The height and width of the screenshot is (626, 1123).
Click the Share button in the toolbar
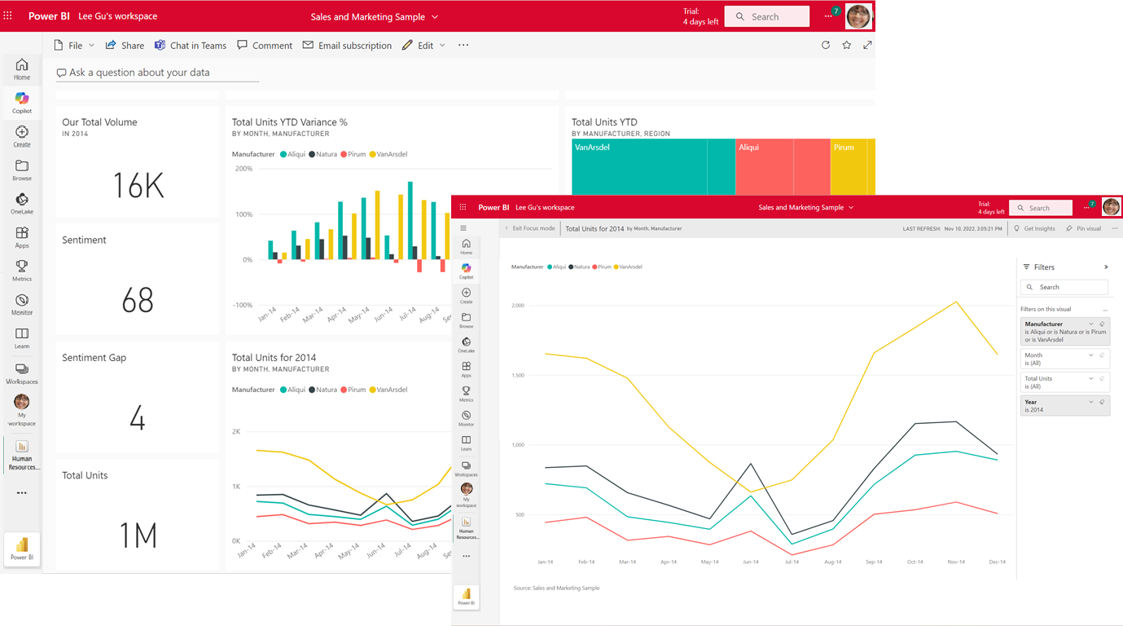point(125,46)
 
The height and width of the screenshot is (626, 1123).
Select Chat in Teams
point(191,46)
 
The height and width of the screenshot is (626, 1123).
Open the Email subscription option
point(347,46)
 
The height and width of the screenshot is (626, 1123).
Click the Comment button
point(265,46)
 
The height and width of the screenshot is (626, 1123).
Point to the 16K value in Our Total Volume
point(138,186)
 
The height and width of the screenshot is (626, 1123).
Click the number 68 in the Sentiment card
point(138,301)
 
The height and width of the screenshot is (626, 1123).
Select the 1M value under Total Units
point(138,536)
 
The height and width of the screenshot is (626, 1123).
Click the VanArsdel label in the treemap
point(592,148)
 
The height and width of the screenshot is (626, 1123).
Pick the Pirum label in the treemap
point(844,148)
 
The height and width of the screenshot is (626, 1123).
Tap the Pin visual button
point(1084,229)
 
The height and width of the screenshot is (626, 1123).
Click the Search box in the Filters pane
point(1064,287)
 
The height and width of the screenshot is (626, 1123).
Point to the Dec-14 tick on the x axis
point(997,562)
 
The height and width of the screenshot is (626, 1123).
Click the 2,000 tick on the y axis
point(518,306)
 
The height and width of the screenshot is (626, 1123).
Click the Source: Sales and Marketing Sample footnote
point(556,588)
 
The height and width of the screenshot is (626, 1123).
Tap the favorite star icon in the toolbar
point(847,46)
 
